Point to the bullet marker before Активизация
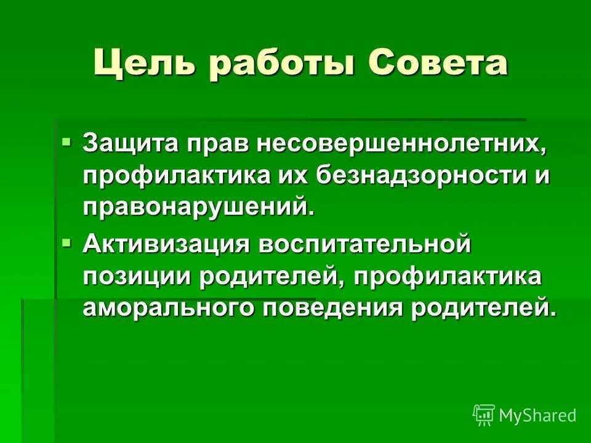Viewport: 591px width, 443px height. (66, 244)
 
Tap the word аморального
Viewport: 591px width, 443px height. (169, 306)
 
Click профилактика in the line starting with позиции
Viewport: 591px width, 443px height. (448, 275)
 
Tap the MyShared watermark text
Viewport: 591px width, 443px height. (537, 416)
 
